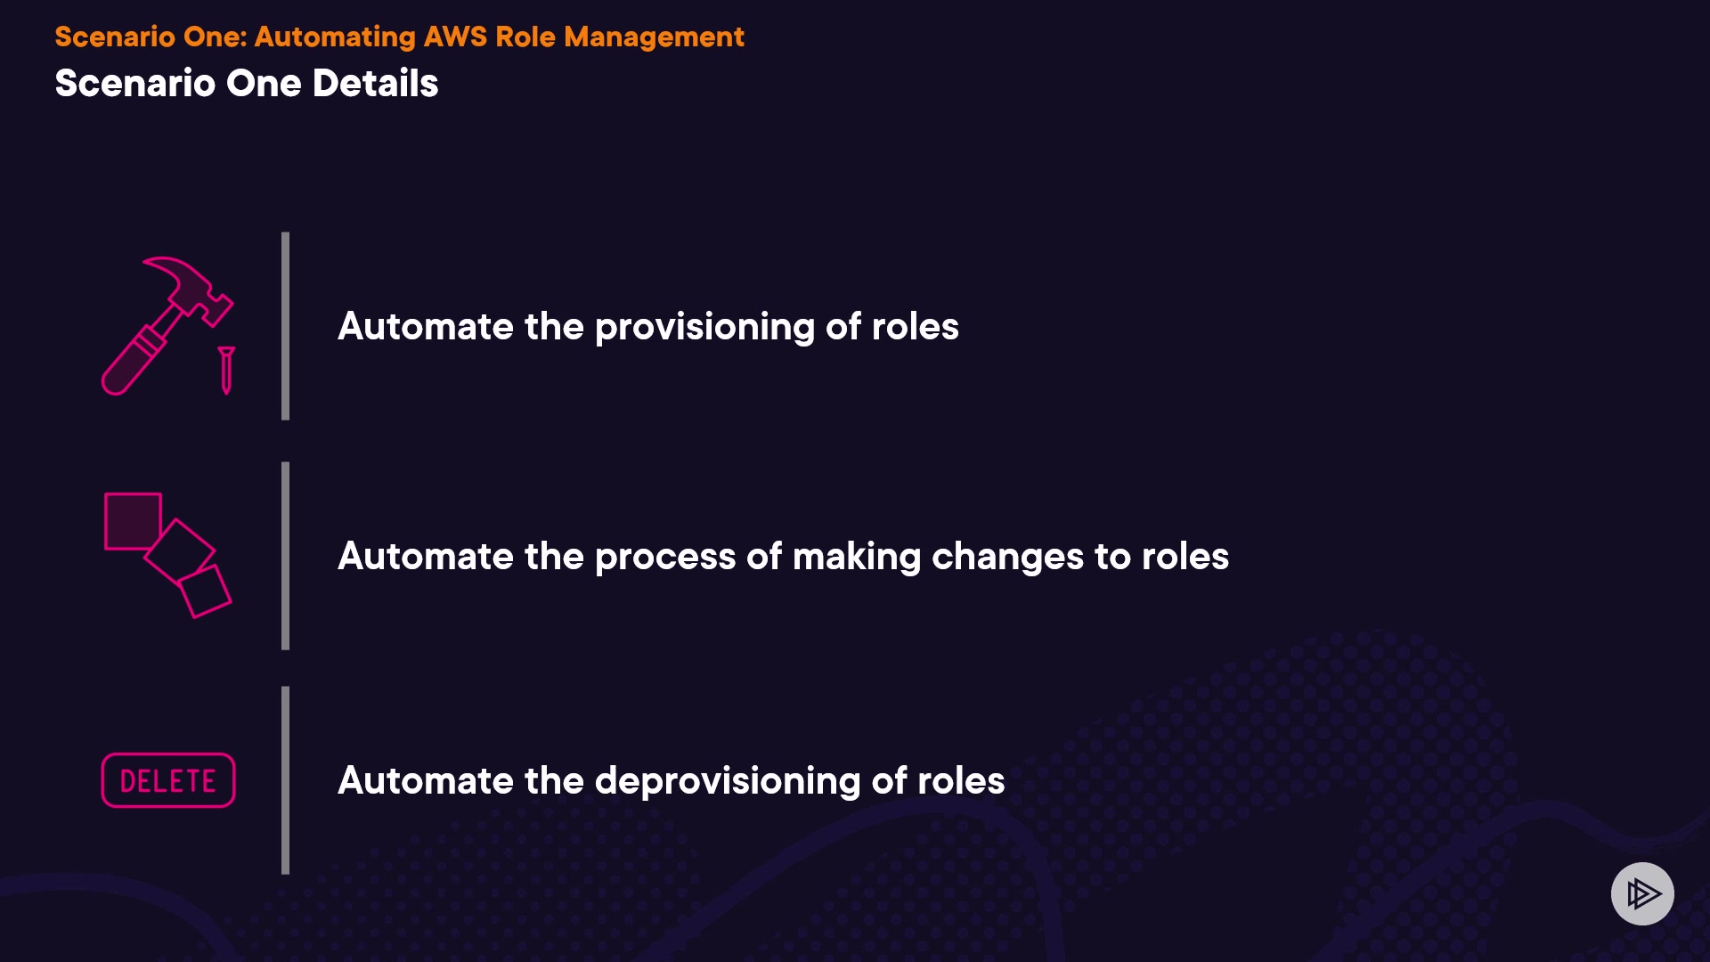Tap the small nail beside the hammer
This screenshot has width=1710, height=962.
[226, 370]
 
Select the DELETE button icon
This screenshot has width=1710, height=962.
[168, 780]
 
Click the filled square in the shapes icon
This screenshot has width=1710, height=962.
[133, 521]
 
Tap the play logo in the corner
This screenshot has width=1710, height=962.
[1642, 893]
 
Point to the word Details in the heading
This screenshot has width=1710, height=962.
[375, 83]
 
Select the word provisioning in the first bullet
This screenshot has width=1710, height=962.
[704, 328]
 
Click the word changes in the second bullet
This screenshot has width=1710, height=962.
[1007, 558]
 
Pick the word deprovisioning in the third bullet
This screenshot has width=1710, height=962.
[727, 782]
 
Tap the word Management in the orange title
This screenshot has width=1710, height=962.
[654, 37]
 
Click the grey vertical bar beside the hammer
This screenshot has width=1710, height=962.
[285, 326]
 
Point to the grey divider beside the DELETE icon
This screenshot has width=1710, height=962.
[285, 780]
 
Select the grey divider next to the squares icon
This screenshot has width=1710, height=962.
[285, 556]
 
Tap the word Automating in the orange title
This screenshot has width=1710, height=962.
[335, 37]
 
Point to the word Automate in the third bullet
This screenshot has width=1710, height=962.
[426, 781]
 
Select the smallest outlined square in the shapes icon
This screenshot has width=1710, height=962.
[205, 591]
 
